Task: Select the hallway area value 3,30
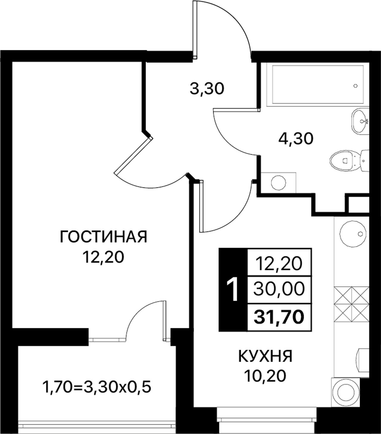(207, 89)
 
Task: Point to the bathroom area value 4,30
(296, 139)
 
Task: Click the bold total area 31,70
(279, 317)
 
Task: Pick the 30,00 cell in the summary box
(279, 290)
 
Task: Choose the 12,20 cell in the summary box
(279, 264)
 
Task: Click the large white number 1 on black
(232, 289)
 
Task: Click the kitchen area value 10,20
(266, 376)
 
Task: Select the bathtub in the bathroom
(318, 85)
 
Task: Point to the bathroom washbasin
(360, 121)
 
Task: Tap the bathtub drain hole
(356, 86)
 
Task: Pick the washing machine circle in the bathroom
(278, 183)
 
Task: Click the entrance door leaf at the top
(195, 29)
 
